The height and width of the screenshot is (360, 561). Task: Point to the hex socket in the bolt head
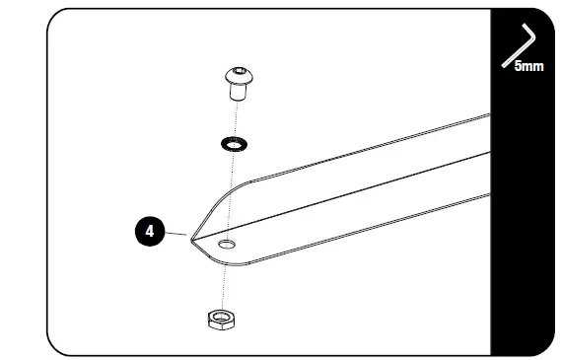click(x=239, y=73)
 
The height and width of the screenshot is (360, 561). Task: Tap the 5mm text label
click(x=528, y=67)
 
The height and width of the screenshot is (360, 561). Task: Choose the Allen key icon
click(x=518, y=45)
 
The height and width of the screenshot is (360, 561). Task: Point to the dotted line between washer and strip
click(x=231, y=178)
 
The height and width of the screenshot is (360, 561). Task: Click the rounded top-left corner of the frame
click(x=57, y=18)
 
